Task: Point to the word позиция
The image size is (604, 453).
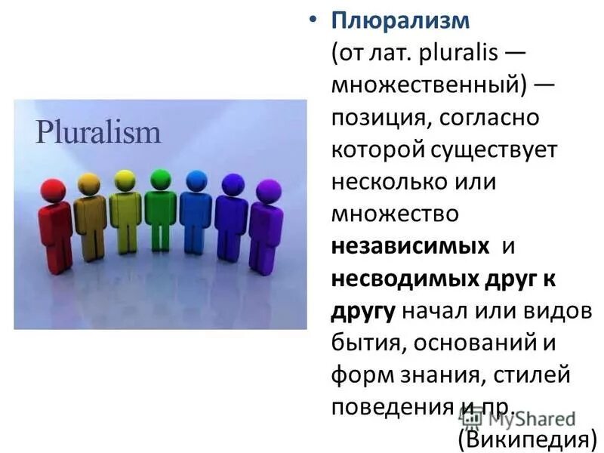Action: (x=374, y=118)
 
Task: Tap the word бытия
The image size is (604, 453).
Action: (x=359, y=343)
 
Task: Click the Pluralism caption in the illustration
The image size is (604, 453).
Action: (x=98, y=133)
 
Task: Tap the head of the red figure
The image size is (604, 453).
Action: (x=53, y=189)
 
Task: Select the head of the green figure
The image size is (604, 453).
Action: (x=161, y=178)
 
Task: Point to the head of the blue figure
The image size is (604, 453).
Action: (x=196, y=180)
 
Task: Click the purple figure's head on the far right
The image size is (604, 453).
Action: (x=268, y=190)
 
